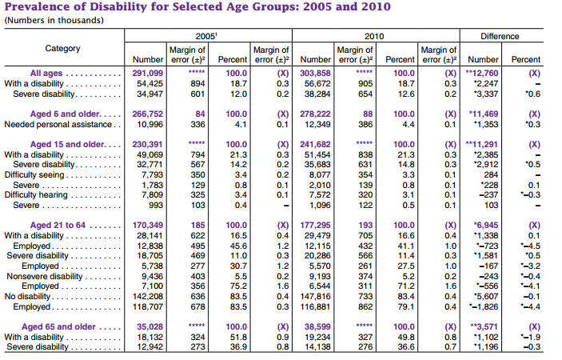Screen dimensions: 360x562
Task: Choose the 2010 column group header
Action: [373, 36]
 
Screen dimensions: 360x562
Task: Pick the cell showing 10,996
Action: [149, 124]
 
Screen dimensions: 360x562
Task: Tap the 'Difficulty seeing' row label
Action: [34, 174]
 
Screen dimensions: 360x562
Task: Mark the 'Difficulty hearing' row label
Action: [37, 194]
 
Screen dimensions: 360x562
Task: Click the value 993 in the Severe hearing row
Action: [154, 204]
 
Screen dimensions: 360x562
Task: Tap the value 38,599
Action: [317, 327]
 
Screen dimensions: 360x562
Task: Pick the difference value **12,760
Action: [482, 74]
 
